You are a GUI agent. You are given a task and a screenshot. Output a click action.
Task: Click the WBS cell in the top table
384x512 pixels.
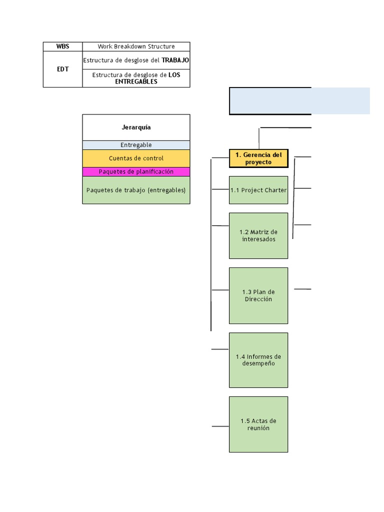pyautogui.click(x=62, y=46)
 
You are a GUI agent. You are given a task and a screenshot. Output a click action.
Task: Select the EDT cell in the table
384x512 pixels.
pyautogui.click(x=62, y=69)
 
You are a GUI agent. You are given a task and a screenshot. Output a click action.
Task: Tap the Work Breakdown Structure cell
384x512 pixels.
pyautogui.click(x=136, y=46)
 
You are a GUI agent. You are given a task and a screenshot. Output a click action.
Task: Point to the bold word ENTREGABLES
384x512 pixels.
pyautogui.click(x=136, y=81)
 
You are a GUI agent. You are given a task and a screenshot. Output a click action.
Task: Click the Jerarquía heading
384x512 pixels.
pyautogui.click(x=136, y=127)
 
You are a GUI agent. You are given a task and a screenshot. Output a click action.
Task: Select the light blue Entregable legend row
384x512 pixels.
pyautogui.click(x=136, y=145)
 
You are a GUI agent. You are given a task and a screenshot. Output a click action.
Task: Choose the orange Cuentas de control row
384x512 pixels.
pyautogui.click(x=136, y=158)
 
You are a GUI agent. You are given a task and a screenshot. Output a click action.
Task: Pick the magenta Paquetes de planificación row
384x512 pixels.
pyautogui.click(x=136, y=171)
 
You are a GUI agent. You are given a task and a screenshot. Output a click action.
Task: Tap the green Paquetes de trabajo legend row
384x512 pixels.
pyautogui.click(x=136, y=190)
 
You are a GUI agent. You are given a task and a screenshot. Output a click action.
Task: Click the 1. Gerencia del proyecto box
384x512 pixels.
pyautogui.click(x=258, y=158)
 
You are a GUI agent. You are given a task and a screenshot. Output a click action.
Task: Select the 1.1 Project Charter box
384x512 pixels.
pyautogui.click(x=258, y=190)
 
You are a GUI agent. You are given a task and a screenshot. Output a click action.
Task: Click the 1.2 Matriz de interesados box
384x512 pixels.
pyautogui.click(x=258, y=235)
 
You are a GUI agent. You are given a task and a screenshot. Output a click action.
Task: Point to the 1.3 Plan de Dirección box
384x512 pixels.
pyautogui.click(x=258, y=295)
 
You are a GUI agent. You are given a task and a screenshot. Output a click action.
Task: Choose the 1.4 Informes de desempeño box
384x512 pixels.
pyautogui.click(x=258, y=360)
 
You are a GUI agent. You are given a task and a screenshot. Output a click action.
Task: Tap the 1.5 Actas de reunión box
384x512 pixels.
pyautogui.click(x=258, y=424)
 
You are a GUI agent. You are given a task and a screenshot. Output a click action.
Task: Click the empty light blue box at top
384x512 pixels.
pyautogui.click(x=299, y=101)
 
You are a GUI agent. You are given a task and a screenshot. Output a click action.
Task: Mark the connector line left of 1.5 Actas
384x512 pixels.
pyautogui.click(x=220, y=426)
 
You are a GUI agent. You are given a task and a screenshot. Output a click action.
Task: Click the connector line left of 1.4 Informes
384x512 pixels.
pyautogui.click(x=220, y=349)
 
